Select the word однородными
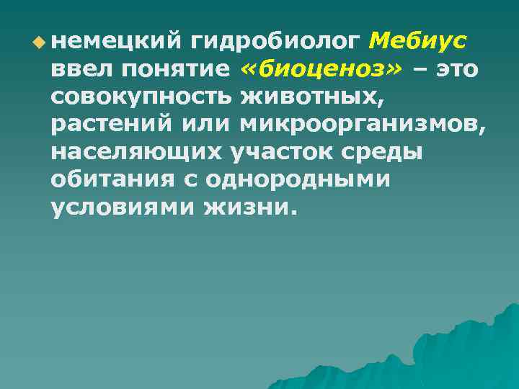(x=303, y=181)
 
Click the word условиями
(x=123, y=208)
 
